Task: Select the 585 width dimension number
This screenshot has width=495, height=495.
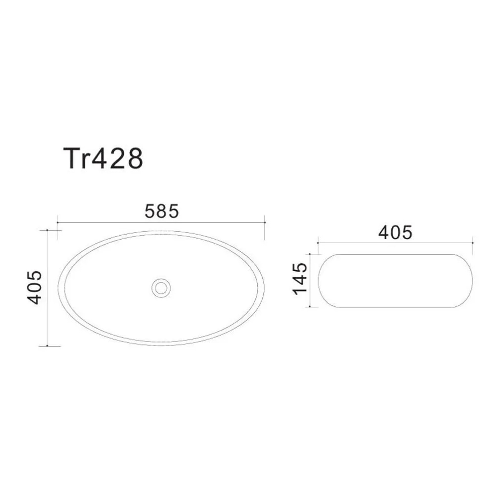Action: click(162, 211)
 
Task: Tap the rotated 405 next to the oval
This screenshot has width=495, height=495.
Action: click(35, 287)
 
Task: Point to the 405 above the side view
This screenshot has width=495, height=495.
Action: click(395, 232)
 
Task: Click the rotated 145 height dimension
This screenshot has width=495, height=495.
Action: click(300, 279)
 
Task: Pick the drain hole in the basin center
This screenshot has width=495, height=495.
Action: click(161, 288)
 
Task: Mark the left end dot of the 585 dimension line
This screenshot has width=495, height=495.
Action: click(58, 223)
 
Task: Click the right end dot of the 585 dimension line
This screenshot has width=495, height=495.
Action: click(265, 223)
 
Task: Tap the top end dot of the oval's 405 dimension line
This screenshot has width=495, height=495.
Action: click(48, 230)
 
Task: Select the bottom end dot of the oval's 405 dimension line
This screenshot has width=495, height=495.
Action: click(48, 346)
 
